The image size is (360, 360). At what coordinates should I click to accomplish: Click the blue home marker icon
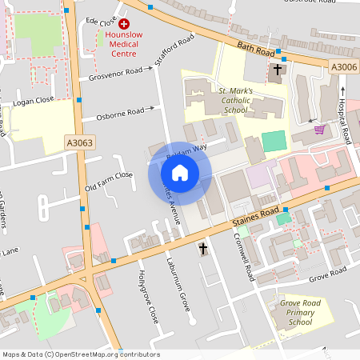179,172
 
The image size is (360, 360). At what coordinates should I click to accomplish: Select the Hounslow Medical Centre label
124,44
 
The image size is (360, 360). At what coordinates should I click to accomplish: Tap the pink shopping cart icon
320,129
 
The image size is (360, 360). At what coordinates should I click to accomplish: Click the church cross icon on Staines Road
202,250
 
